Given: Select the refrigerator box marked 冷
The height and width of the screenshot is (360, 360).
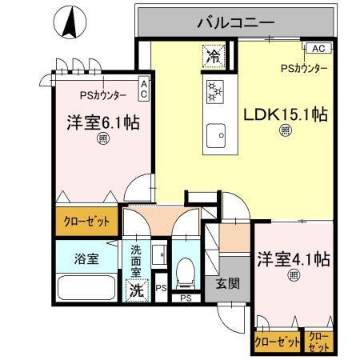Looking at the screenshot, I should pos(213,57).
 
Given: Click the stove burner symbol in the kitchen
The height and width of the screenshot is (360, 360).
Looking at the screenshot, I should pos(214,92).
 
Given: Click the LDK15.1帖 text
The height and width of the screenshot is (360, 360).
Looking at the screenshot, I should pos(285,114).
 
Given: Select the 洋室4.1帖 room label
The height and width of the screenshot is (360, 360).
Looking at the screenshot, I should pos(294,260).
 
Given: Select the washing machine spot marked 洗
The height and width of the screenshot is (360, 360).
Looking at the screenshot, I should pos(137,291).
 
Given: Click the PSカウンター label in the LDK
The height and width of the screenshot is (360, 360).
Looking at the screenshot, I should pos(303,69).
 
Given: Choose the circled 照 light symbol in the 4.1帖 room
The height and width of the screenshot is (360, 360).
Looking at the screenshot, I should pos(293,276).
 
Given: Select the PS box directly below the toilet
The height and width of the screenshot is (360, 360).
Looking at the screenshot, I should pos(186,299).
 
